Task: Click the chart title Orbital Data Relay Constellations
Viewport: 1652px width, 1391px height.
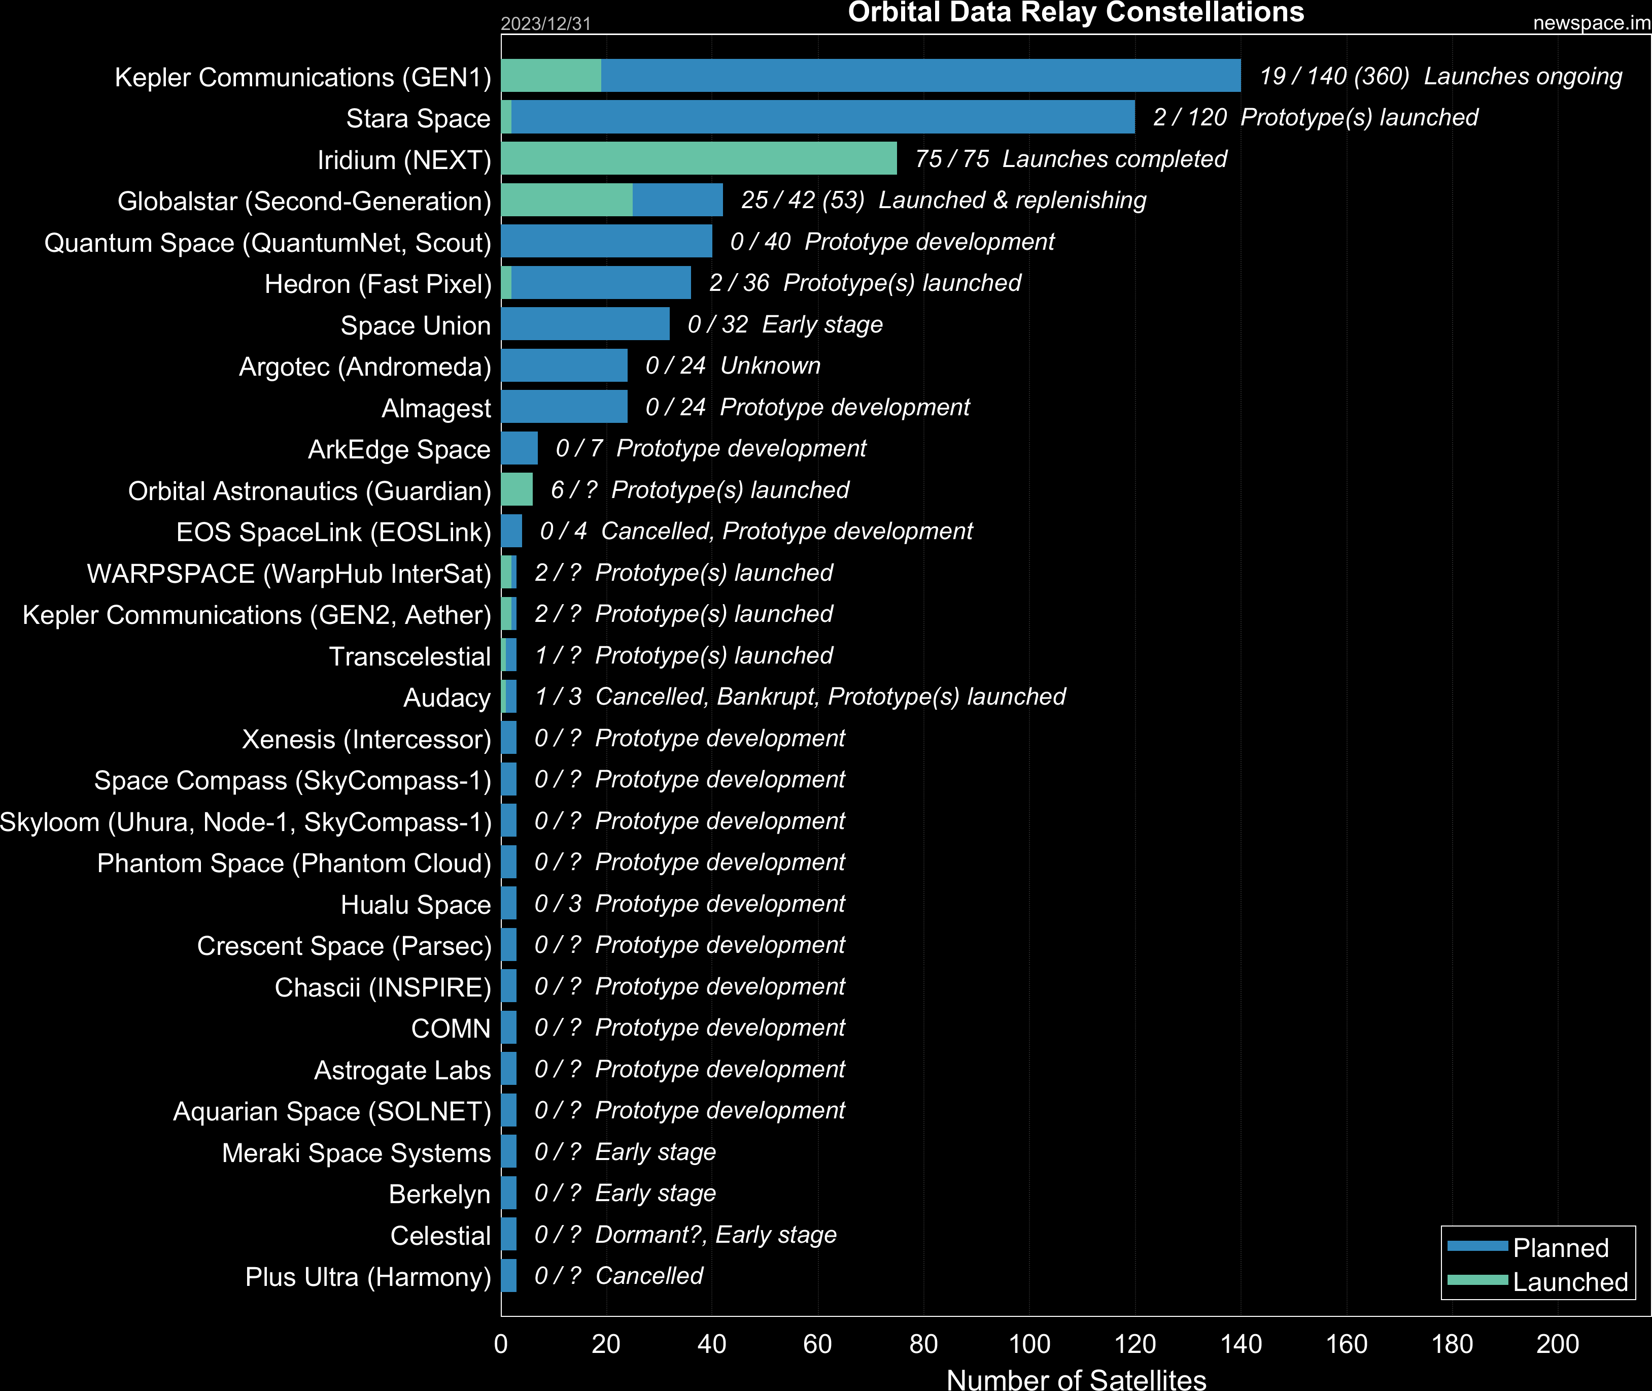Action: (x=1076, y=13)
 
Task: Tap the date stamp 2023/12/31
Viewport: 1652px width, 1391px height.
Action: (x=545, y=24)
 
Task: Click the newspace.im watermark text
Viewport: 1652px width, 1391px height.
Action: (x=1591, y=23)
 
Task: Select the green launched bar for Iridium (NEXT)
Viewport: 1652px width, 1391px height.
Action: (x=698, y=158)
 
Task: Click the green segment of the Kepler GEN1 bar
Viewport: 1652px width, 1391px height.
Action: (x=551, y=76)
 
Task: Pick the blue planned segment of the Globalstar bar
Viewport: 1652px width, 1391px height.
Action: (x=677, y=200)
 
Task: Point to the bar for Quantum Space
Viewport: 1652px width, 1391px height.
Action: (x=606, y=241)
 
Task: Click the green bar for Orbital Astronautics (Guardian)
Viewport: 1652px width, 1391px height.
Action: (x=517, y=490)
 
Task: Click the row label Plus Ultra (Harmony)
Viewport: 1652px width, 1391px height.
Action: (x=367, y=1277)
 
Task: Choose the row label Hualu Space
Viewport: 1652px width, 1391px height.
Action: (x=416, y=905)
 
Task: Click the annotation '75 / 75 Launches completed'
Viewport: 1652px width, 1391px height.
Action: (x=1071, y=158)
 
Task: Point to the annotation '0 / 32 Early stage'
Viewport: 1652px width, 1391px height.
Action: (x=785, y=324)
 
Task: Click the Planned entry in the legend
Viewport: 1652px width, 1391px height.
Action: (x=1560, y=1247)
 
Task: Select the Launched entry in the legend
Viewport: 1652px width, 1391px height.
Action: (x=1569, y=1281)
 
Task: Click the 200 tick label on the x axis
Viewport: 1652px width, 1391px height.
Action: (x=1558, y=1344)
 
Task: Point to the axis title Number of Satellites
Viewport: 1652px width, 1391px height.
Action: (x=1076, y=1378)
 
